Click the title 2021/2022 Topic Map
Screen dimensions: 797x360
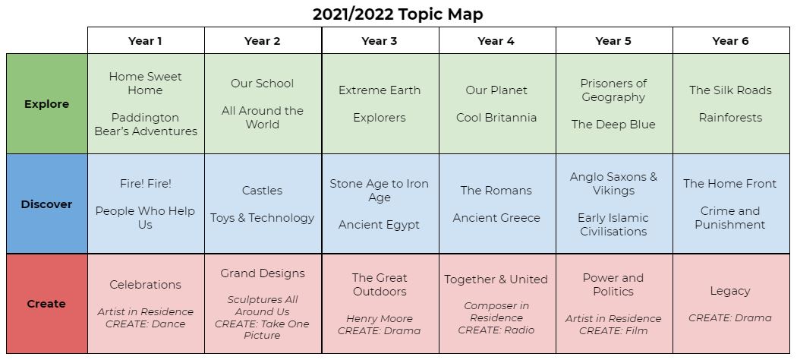398,14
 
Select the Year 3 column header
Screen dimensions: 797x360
380,41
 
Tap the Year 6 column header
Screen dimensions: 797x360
730,41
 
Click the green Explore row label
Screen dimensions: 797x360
47,104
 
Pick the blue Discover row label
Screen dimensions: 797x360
47,204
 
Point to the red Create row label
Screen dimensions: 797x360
47,304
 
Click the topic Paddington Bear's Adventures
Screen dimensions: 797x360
146,124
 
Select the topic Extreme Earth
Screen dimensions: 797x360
380,90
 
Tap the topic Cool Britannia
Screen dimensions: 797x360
496,118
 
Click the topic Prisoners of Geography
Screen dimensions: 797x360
613,90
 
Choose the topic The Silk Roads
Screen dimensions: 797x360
730,90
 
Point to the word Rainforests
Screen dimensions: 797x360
730,118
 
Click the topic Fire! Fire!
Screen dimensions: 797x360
146,184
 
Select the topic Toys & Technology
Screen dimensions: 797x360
263,218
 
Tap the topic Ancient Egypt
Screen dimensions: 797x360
380,225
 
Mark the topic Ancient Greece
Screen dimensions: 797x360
496,218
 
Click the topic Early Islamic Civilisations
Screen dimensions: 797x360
613,224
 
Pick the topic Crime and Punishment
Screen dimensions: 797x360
730,218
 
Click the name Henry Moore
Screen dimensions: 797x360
380,319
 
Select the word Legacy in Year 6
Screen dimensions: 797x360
730,291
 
